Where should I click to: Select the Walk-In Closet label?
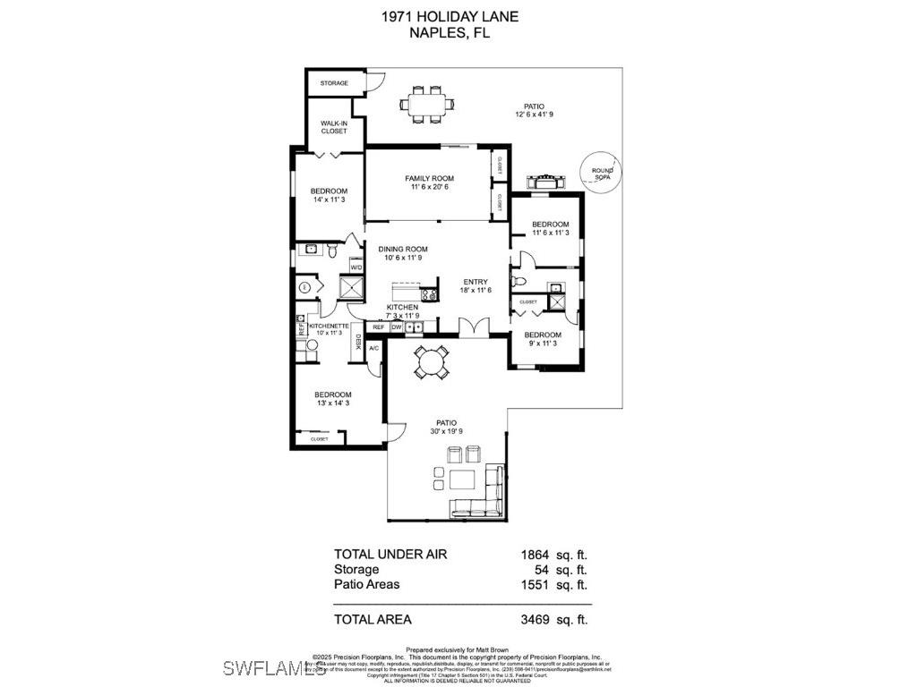(334, 127)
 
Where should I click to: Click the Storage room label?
(334, 83)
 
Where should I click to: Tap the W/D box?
(356, 267)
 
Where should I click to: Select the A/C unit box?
(374, 347)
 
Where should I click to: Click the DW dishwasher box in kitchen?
(396, 327)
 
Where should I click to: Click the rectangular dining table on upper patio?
(427, 103)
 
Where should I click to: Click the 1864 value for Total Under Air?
(534, 555)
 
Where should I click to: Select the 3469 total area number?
(534, 619)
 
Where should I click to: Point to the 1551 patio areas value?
(534, 585)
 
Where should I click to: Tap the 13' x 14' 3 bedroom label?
(332, 399)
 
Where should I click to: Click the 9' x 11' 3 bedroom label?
(543, 339)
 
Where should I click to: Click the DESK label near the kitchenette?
(358, 342)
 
